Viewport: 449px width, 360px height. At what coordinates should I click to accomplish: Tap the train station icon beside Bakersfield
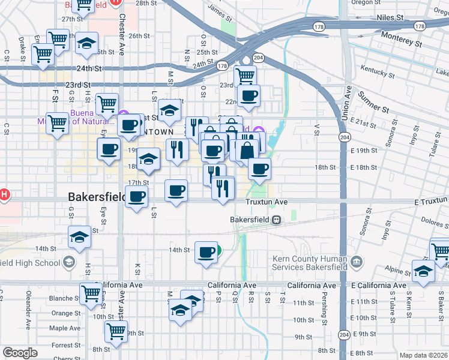point(276,220)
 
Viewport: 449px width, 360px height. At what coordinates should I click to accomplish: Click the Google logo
point(20,353)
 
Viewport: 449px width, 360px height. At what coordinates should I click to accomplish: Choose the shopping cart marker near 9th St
point(116,330)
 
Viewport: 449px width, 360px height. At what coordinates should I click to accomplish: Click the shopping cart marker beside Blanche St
point(91,294)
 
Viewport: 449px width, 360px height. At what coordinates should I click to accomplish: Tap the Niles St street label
point(389,18)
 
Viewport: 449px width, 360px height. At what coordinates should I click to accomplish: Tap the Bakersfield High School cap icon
point(70,262)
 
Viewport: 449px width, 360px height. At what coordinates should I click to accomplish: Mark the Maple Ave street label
point(65,328)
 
